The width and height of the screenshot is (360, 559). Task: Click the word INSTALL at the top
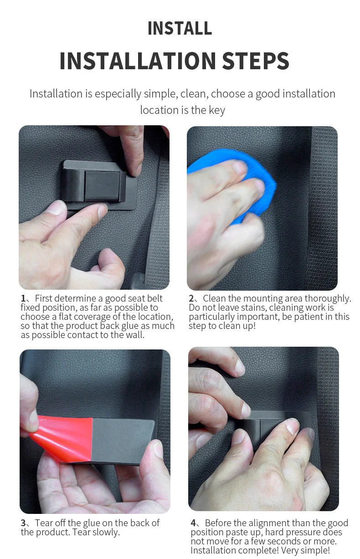(x=180, y=28)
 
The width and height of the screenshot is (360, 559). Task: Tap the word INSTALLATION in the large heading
(x=137, y=61)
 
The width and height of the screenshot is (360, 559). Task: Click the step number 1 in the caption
(x=23, y=299)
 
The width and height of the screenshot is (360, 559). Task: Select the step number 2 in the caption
(x=191, y=299)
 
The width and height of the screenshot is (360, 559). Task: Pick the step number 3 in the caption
(x=23, y=523)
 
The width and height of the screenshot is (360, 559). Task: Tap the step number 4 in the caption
(x=193, y=523)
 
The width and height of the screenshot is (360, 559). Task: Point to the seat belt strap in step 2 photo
(x=321, y=205)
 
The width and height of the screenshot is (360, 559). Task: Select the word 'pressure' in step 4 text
(x=285, y=532)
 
